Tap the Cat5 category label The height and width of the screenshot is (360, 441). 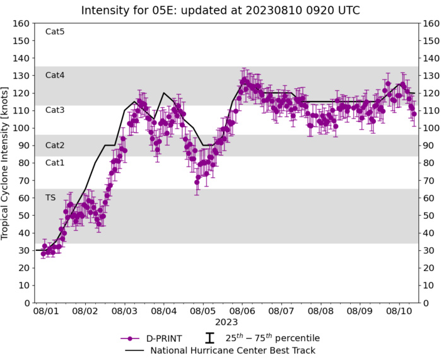pyautogui.click(x=55, y=32)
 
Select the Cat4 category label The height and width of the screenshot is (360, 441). pyautogui.click(x=55, y=75)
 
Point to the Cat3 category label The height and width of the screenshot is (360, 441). pyautogui.click(x=55, y=110)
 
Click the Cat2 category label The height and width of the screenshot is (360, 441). pyautogui.click(x=55, y=145)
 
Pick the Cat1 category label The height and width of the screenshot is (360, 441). pyautogui.click(x=55, y=163)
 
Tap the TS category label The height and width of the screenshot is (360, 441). pyautogui.click(x=50, y=197)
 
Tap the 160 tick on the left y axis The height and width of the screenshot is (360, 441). pyautogui.click(x=22, y=23)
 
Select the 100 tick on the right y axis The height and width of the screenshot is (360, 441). pyautogui.click(x=432, y=128)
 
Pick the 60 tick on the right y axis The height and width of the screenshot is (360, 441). pyautogui.click(x=430, y=198)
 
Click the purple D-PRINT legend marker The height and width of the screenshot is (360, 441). pyautogui.click(x=130, y=338)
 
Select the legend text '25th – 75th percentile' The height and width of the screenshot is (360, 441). pyautogui.click(x=272, y=338)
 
